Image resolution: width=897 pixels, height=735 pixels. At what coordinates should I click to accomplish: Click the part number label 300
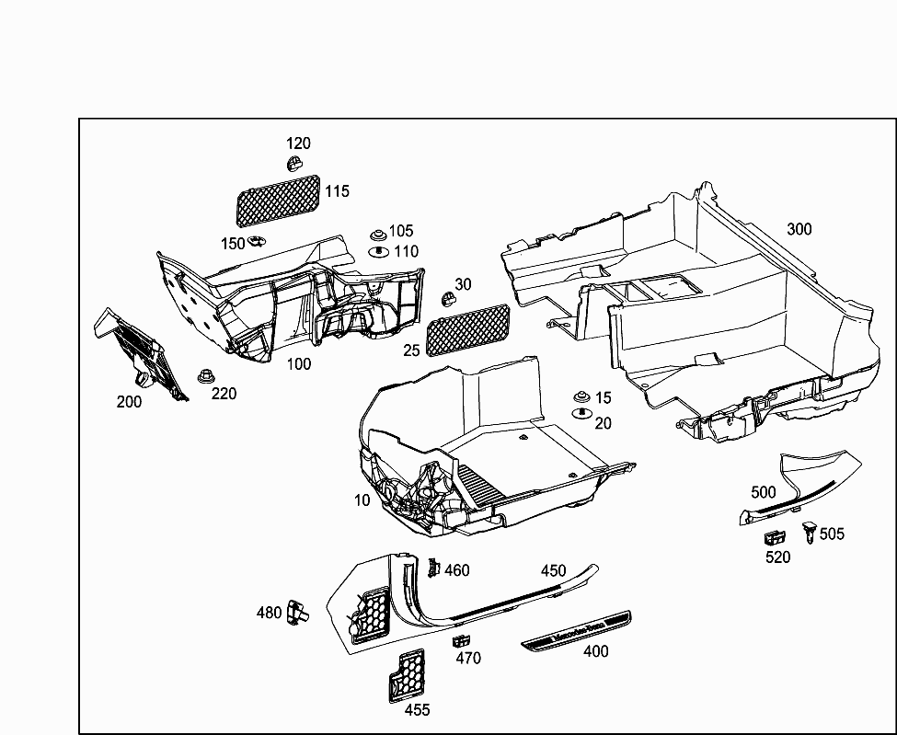click(x=799, y=229)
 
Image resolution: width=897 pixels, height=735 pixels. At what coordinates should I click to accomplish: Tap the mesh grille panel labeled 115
click(x=279, y=201)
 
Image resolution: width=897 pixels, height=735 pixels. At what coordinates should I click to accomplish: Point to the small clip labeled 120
click(x=293, y=164)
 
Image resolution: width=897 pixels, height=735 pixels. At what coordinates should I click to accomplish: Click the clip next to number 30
click(x=447, y=297)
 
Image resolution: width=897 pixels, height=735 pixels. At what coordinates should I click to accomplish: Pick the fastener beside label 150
click(x=257, y=242)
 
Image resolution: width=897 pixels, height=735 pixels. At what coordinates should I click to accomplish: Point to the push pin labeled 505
click(x=809, y=531)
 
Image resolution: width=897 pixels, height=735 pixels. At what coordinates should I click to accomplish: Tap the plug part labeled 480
click(x=295, y=611)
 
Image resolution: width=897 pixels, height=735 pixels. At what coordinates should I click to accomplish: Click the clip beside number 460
click(x=433, y=568)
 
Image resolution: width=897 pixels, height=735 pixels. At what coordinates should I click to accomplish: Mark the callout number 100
click(x=298, y=363)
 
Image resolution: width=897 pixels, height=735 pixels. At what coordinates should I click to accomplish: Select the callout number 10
click(x=362, y=500)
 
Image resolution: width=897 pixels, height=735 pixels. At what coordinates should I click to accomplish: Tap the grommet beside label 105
click(x=377, y=235)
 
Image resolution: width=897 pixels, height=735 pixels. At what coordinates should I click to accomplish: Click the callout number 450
click(x=553, y=570)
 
